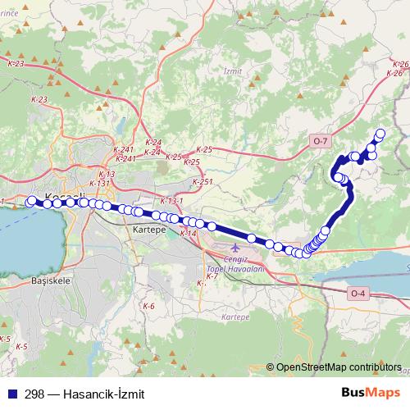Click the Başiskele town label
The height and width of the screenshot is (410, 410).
(52, 280)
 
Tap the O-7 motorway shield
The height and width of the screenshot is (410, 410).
(320, 142)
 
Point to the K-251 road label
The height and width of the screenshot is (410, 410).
(202, 182)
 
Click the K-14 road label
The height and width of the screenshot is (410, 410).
(189, 234)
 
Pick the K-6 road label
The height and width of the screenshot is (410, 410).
(148, 306)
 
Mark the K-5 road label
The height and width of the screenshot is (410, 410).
(20, 347)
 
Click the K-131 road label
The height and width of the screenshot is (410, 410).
(98, 184)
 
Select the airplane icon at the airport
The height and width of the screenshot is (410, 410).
(237, 248)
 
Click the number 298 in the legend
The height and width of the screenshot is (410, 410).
(35, 394)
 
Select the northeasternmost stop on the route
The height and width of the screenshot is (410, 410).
(380, 134)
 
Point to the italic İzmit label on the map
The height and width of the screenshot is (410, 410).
(233, 71)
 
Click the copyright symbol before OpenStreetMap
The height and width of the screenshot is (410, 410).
(271, 367)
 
